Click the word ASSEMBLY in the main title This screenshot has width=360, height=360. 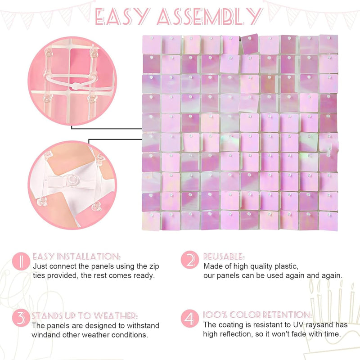210,17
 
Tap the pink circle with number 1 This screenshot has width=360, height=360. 21,261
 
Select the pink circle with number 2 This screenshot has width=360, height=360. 189,260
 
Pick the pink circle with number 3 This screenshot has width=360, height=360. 21,319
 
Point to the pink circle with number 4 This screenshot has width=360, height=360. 189,319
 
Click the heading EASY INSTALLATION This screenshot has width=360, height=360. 76,256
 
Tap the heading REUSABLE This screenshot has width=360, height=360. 224,256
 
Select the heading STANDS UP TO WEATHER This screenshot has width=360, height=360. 85,316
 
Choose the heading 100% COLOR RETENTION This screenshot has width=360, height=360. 257,315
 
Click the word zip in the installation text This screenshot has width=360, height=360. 154,266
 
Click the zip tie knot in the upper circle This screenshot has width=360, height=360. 75,86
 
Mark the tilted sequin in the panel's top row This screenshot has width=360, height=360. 250,44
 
